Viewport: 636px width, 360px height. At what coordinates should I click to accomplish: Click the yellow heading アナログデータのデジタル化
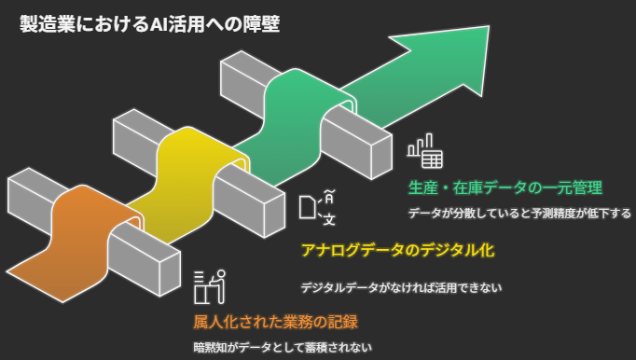coord(396,251)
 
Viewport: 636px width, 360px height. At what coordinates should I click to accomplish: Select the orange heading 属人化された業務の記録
coord(275,323)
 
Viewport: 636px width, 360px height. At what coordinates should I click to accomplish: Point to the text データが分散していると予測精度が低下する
coord(518,213)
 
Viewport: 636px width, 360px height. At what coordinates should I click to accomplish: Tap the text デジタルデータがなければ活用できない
coord(401,287)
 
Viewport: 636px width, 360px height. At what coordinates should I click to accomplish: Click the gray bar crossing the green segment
coord(359,137)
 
